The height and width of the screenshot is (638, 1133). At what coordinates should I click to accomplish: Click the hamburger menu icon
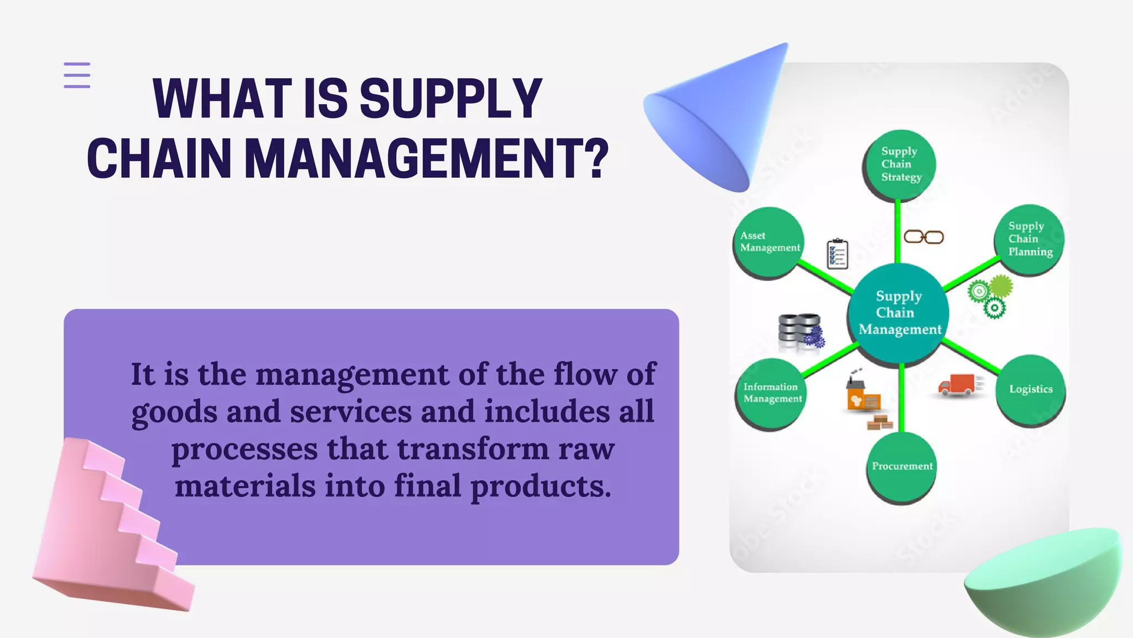(77, 75)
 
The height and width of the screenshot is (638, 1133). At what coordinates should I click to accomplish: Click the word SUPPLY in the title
(450, 99)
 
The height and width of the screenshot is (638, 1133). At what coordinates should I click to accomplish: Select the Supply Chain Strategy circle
(900, 164)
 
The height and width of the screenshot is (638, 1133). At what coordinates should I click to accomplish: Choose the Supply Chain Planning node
(1029, 239)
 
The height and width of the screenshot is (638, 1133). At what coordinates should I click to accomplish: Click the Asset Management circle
(770, 242)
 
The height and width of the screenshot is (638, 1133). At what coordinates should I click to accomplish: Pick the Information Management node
(772, 393)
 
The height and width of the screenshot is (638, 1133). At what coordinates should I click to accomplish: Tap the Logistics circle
(1030, 389)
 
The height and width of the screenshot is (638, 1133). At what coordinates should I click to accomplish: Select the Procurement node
(902, 466)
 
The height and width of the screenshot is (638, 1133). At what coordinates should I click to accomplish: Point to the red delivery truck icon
(958, 385)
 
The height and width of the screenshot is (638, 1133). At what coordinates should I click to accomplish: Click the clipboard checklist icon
(837, 254)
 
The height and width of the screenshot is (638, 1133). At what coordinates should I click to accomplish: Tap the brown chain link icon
(923, 237)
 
